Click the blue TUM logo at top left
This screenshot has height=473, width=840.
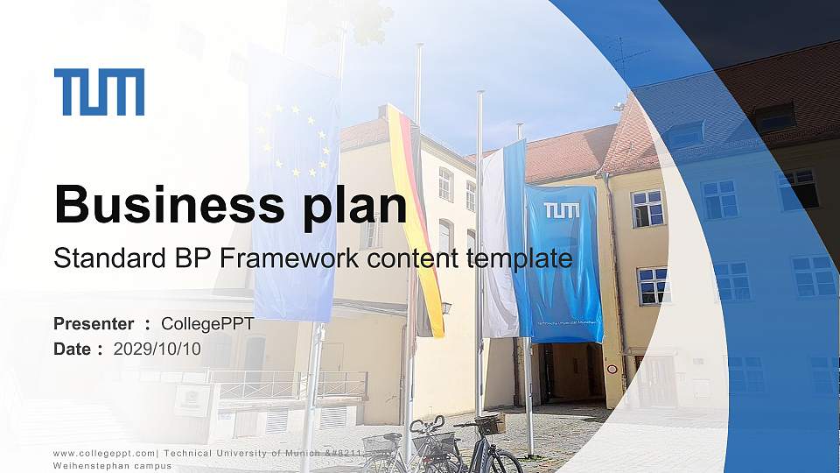coord(99,92)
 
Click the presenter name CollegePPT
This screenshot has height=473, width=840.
coord(207,324)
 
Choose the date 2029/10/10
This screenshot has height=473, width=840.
coord(157,349)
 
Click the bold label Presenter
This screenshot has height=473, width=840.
coord(94,324)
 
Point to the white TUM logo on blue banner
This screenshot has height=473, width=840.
coord(561,211)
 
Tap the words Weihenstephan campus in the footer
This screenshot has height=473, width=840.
coord(112,466)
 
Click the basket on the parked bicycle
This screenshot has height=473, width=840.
coord(490,424)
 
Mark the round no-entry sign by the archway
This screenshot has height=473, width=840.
coord(612,369)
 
